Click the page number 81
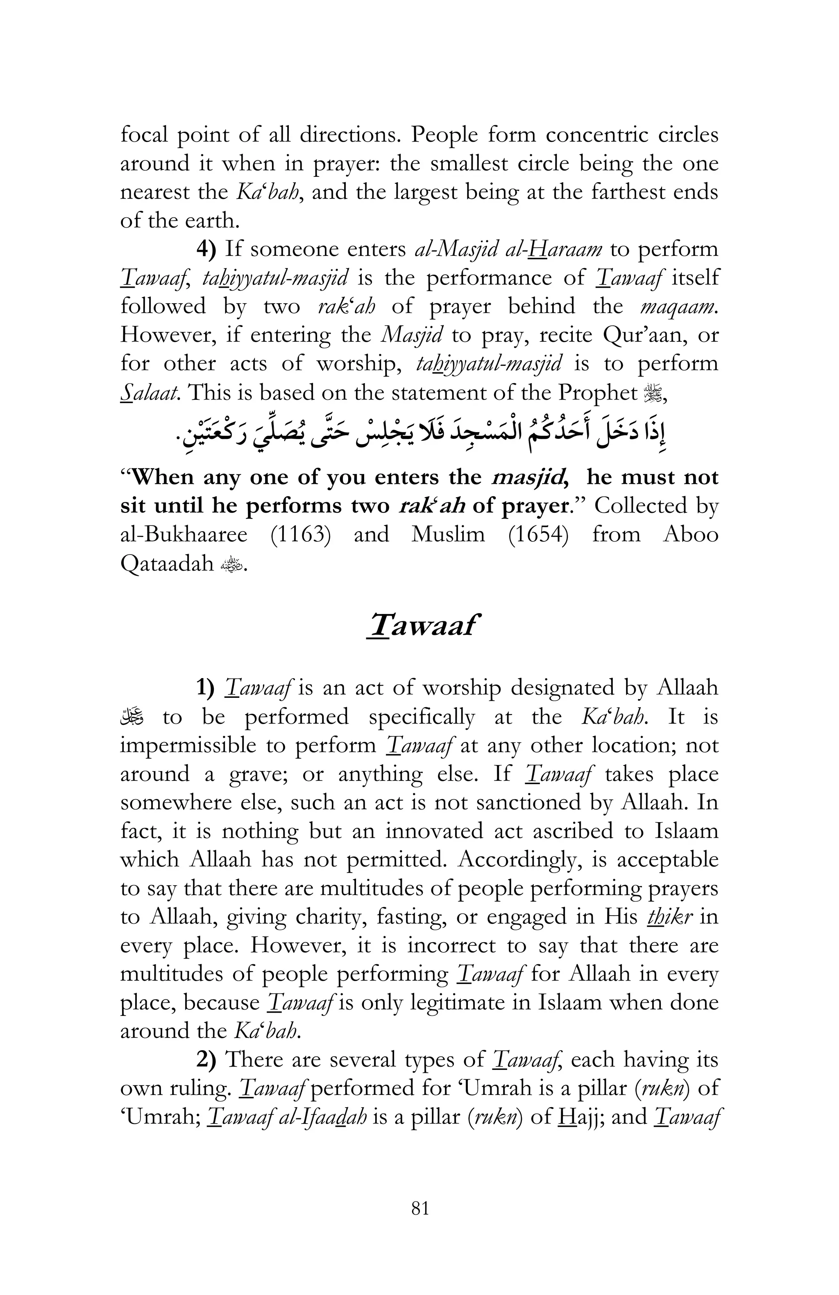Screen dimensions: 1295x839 (420, 1223)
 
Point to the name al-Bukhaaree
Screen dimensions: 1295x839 (184, 534)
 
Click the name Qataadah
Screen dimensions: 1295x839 (167, 564)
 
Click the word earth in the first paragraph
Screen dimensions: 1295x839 (211, 220)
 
